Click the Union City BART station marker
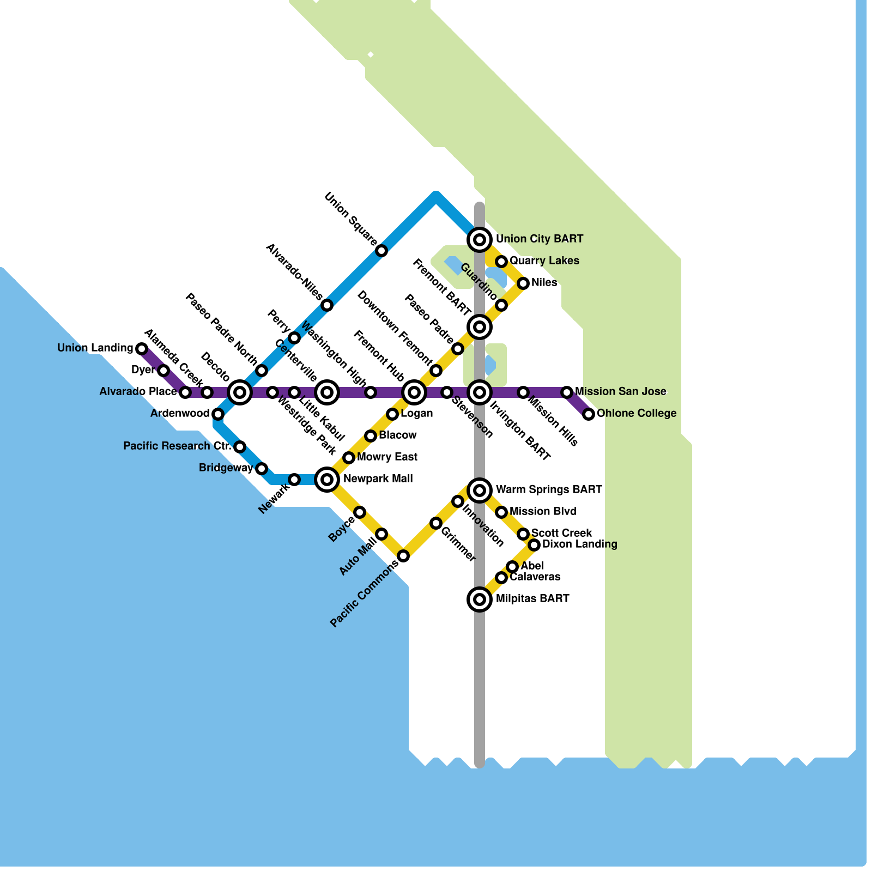(x=480, y=239)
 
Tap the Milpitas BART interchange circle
(x=480, y=599)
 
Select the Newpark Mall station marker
(x=327, y=480)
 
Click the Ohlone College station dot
(x=589, y=414)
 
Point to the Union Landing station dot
(x=142, y=348)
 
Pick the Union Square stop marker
(x=382, y=251)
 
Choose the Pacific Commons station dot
(x=403, y=556)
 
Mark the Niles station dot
(x=523, y=283)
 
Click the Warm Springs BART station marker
(x=480, y=491)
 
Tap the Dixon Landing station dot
(x=535, y=545)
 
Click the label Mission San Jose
(x=620, y=391)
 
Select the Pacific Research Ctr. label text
(x=177, y=446)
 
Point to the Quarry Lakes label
(x=544, y=261)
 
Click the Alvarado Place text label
(x=138, y=391)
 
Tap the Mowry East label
(x=387, y=457)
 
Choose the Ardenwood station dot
(x=218, y=414)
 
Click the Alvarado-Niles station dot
(x=327, y=305)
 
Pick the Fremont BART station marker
(x=480, y=327)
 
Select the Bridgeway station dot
(x=262, y=469)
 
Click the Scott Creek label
(x=561, y=533)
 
